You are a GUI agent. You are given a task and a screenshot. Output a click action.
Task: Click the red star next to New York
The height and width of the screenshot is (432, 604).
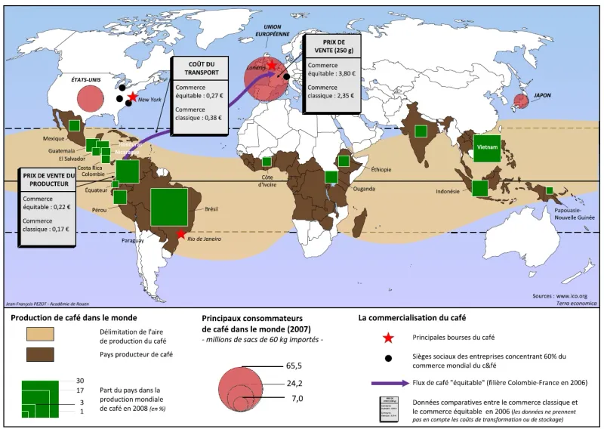coord(133,97)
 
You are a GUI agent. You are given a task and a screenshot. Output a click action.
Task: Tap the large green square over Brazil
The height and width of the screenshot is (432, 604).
coord(169,207)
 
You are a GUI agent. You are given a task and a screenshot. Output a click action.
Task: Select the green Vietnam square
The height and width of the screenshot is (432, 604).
coord(487,147)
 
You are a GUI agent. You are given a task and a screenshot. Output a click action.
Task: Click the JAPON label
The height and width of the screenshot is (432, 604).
coord(543,96)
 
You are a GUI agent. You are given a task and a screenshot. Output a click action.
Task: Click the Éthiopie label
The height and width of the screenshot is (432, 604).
coord(381,169)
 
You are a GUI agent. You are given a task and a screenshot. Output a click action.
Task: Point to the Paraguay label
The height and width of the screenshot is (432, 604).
coord(134,241)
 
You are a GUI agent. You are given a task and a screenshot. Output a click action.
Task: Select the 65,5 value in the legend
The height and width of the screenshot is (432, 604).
coord(294,365)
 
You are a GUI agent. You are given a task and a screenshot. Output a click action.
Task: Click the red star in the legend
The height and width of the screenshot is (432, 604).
coord(387,336)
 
